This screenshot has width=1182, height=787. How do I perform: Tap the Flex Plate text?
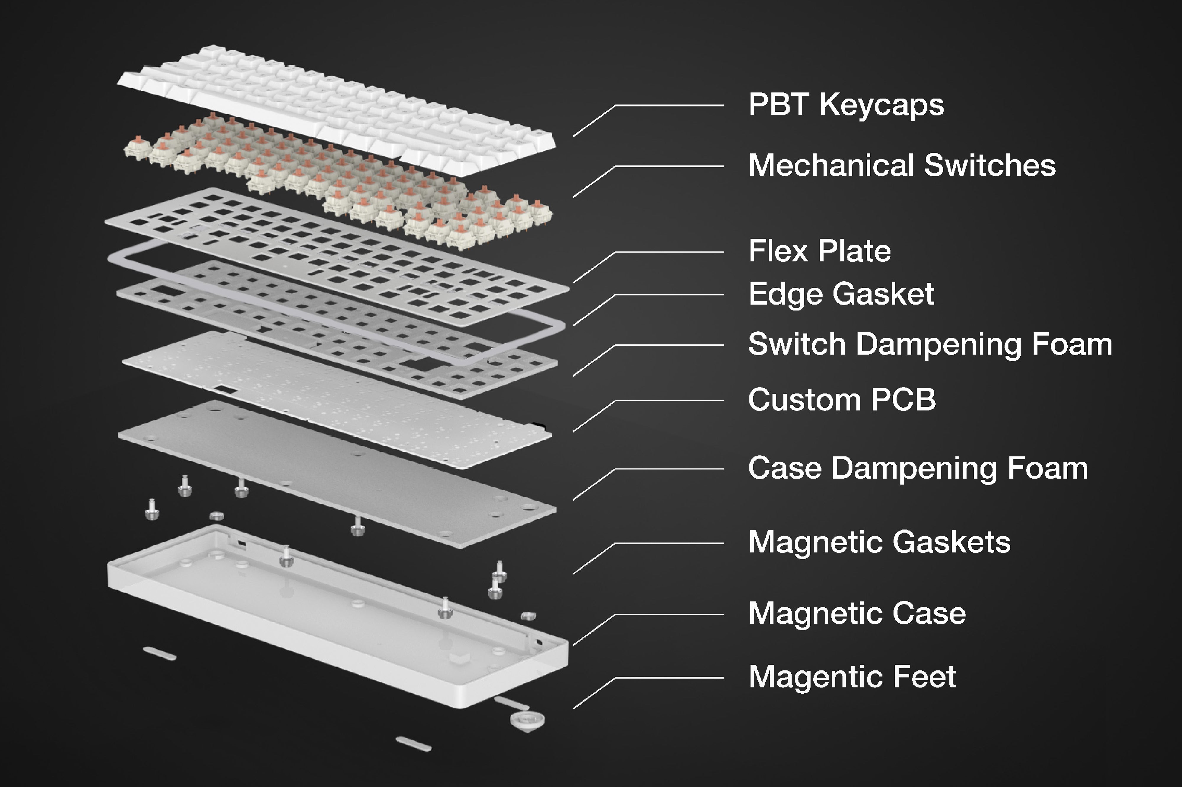[x=819, y=251]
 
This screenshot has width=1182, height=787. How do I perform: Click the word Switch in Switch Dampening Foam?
[x=797, y=344]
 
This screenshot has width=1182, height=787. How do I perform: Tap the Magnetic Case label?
[x=856, y=613]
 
